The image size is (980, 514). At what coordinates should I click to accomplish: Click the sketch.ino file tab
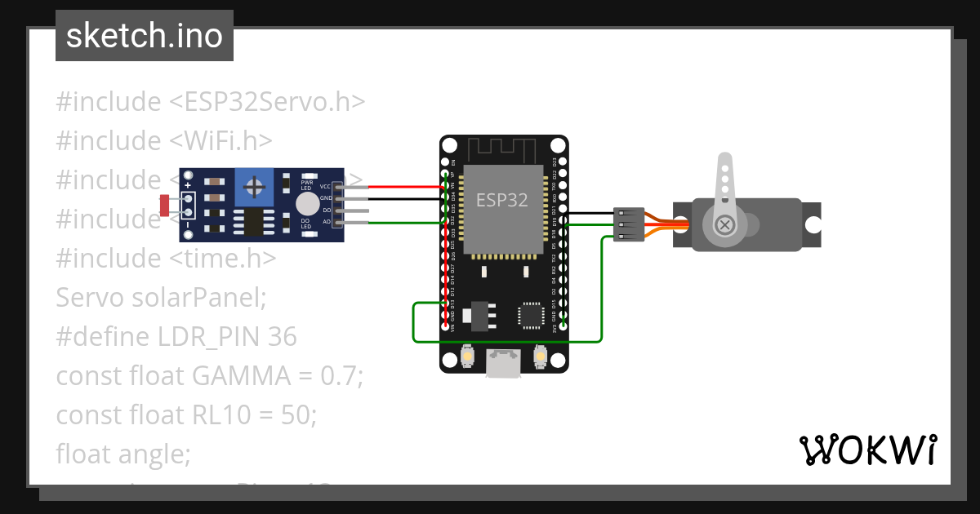[x=144, y=36]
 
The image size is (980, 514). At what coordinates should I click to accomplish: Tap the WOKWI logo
[x=866, y=450]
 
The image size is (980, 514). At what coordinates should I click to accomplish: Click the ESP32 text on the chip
[x=502, y=200]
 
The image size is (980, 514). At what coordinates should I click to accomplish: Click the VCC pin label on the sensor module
[x=325, y=187]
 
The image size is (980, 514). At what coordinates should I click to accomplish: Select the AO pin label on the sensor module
[x=327, y=221]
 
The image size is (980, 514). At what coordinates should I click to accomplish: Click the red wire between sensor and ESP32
[x=400, y=187]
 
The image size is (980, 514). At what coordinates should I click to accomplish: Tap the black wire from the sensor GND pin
[x=400, y=198]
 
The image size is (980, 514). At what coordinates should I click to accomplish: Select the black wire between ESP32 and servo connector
[x=590, y=214]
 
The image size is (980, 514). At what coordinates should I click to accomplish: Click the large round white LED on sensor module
[x=307, y=203]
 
